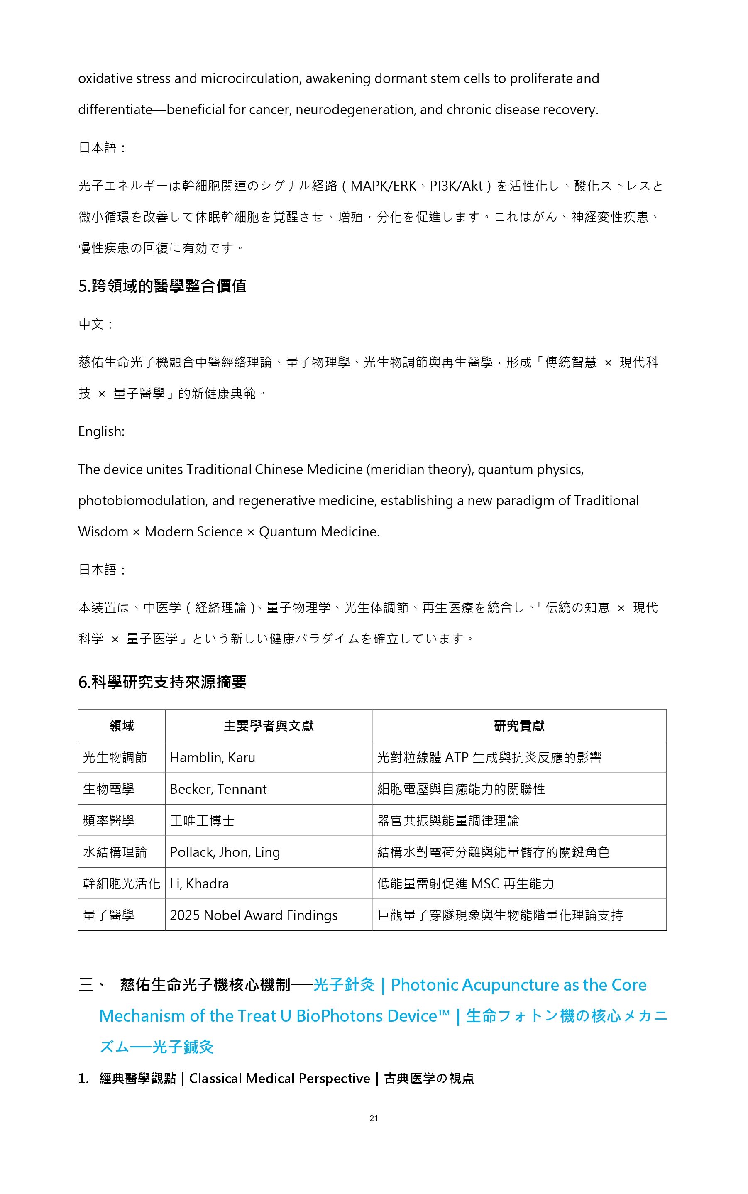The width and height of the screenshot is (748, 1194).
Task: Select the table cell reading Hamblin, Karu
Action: (x=212, y=757)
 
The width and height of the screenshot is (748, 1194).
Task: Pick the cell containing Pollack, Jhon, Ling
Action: (x=225, y=852)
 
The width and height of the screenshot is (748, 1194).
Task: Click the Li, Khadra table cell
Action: (x=199, y=884)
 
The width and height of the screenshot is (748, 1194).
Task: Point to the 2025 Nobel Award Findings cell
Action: (x=253, y=915)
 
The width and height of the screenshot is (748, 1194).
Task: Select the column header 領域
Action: (x=122, y=726)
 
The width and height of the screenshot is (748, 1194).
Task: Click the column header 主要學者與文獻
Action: (x=269, y=726)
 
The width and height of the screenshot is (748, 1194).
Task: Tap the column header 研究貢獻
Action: (x=519, y=726)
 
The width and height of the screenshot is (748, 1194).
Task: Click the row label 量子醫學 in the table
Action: (x=108, y=915)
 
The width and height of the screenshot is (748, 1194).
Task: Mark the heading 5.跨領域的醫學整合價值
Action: (x=162, y=286)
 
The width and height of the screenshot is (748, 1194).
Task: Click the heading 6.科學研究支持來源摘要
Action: (x=162, y=683)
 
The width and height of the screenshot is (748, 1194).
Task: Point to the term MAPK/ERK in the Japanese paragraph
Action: (x=384, y=186)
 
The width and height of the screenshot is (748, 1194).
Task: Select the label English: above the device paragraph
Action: (x=101, y=431)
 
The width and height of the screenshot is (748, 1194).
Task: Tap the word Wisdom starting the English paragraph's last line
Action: (x=103, y=532)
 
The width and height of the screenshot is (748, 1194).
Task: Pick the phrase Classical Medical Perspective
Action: (x=279, y=1078)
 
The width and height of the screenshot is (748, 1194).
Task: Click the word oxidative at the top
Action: (x=105, y=79)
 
